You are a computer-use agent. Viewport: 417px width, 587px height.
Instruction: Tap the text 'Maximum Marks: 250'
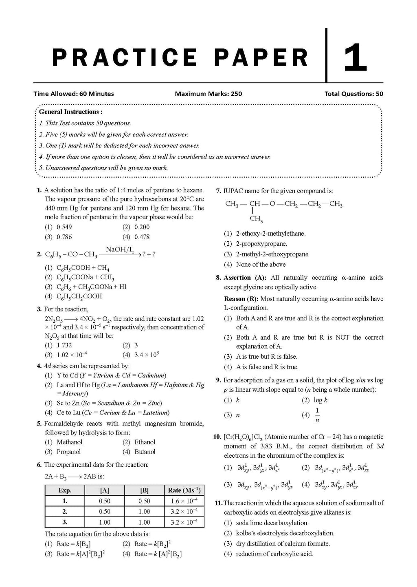[208, 94]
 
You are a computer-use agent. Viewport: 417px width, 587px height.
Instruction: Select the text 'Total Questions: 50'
[353, 94]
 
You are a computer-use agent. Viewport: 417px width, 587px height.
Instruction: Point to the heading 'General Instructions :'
[70, 112]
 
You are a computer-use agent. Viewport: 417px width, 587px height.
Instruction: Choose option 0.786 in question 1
[64, 237]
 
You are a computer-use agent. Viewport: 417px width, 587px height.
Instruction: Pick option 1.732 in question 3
[64, 345]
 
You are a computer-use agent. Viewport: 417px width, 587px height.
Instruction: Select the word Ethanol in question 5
[145, 442]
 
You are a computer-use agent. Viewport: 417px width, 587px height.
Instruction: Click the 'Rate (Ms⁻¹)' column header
[184, 490]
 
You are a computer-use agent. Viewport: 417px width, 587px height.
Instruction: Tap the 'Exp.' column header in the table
[65, 490]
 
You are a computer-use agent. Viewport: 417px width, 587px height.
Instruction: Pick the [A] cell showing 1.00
[105, 522]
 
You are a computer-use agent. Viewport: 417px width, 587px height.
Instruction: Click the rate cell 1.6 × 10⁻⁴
[184, 501]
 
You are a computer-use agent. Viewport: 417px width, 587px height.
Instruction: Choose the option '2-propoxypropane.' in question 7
[261, 244]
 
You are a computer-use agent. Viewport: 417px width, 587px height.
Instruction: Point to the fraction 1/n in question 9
[317, 415]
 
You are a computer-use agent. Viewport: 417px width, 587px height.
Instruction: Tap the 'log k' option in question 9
[320, 400]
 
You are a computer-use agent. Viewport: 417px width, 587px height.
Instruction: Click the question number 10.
[217, 437]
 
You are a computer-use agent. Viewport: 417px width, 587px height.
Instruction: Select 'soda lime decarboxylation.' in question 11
[272, 523]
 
